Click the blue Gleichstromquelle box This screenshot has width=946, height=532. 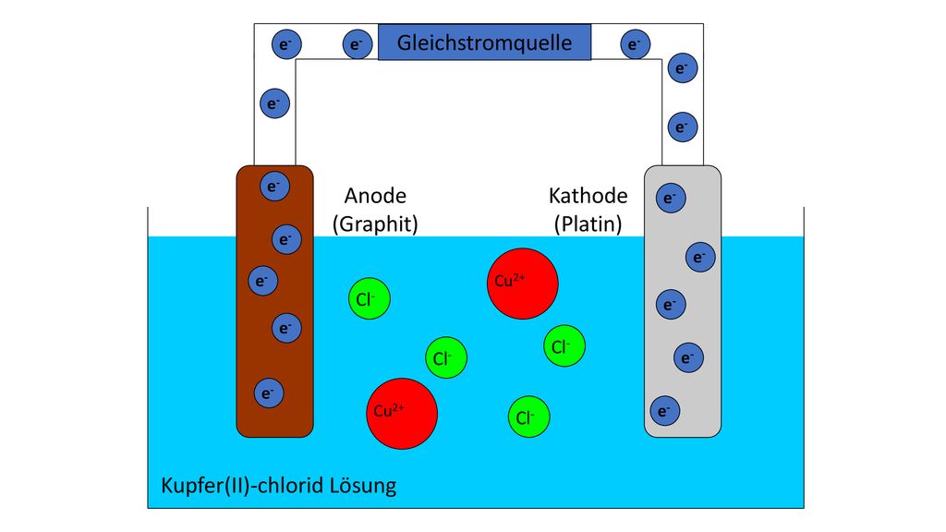[x=484, y=42]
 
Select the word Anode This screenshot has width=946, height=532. [x=375, y=196]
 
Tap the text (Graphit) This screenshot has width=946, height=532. [x=375, y=224]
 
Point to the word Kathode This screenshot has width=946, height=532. [x=588, y=196]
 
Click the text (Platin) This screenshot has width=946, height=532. [x=588, y=224]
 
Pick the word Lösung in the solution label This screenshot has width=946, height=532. [x=363, y=486]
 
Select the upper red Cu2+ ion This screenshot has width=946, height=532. [x=523, y=284]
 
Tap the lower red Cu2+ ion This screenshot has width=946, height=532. [x=402, y=414]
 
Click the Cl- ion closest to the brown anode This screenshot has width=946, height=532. [x=370, y=298]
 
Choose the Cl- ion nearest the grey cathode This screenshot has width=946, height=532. [x=564, y=346]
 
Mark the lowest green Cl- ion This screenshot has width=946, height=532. [x=528, y=417]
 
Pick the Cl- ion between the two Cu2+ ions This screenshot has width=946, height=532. [x=446, y=357]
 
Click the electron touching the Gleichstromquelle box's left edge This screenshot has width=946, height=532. [x=358, y=44]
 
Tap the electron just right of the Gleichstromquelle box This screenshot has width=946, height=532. [x=635, y=44]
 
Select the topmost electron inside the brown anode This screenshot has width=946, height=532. [x=274, y=186]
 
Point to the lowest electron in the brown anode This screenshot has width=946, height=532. [x=269, y=393]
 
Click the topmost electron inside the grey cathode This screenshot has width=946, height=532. [x=671, y=198]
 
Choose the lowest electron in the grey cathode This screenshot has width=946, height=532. [x=665, y=411]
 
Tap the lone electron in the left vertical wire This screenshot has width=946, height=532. [x=274, y=103]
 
